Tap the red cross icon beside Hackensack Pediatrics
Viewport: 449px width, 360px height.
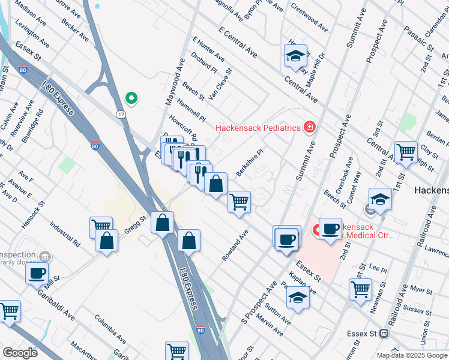(x=309, y=127)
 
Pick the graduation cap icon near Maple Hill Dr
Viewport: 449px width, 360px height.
(x=295, y=56)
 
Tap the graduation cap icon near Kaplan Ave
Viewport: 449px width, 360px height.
(x=298, y=298)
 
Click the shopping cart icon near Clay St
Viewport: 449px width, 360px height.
(x=406, y=151)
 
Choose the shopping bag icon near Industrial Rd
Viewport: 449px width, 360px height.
(x=107, y=240)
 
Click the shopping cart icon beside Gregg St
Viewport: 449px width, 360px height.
(x=101, y=227)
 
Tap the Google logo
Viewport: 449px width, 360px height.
(x=20, y=353)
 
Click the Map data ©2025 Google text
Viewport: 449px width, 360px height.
(x=412, y=355)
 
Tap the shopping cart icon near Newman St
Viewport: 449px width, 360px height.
(x=360, y=289)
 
